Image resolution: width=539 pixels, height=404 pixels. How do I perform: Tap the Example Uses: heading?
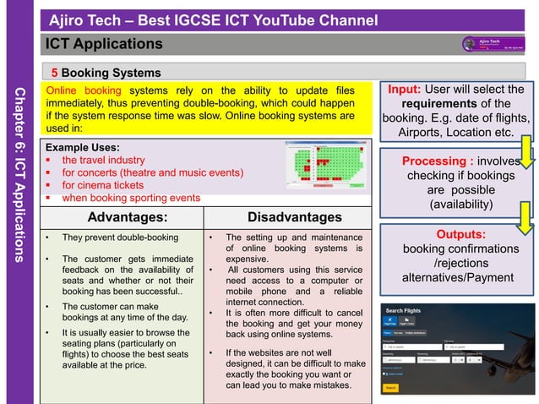83,145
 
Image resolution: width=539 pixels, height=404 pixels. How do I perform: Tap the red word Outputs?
460,234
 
